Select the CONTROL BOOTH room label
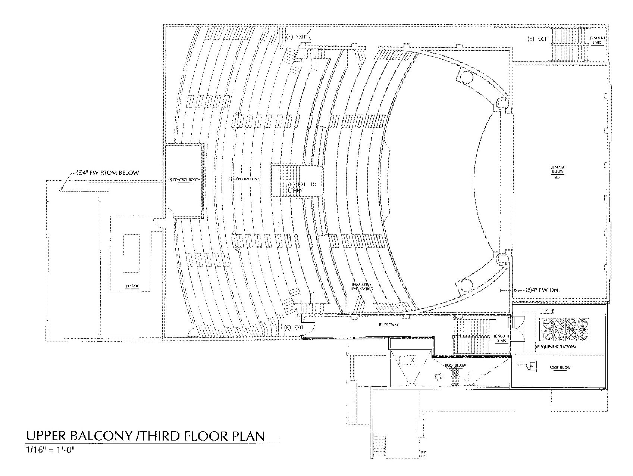tap(184, 180)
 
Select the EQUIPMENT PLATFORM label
tap(556, 347)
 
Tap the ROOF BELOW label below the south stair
tap(455, 365)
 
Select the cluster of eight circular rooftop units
tap(564, 329)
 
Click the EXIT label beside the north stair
tap(537, 39)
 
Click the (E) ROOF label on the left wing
tap(132, 286)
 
